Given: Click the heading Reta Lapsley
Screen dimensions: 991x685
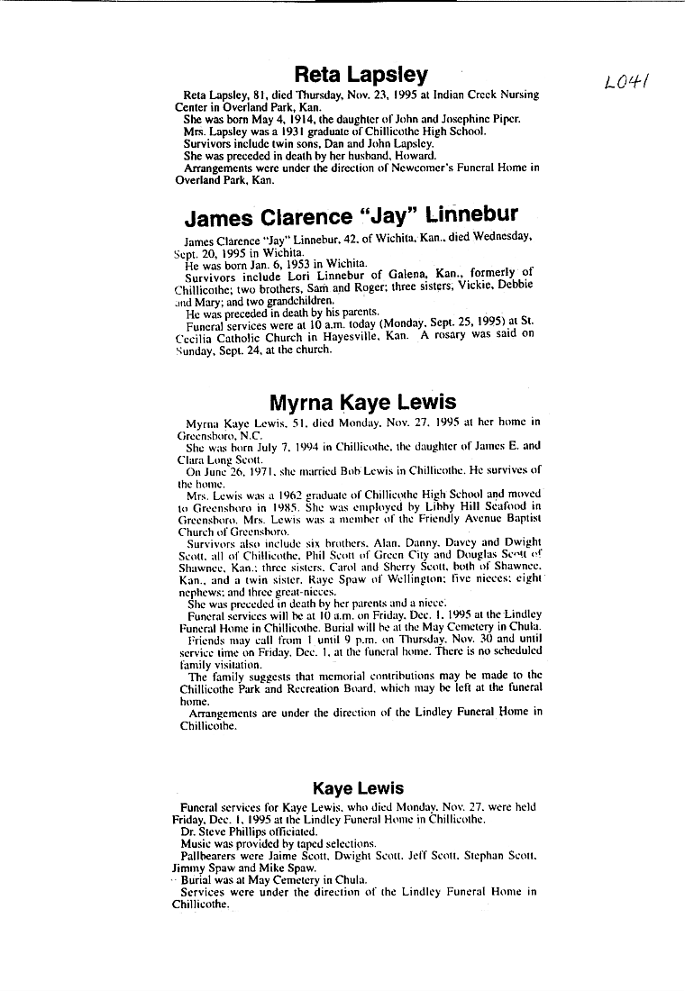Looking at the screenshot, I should tap(361, 74).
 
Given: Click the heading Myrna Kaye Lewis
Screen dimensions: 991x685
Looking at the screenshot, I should tap(362, 402).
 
